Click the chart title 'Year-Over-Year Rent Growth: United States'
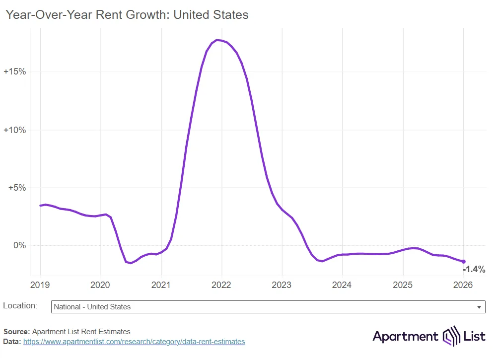(127, 15)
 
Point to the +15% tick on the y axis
(15, 72)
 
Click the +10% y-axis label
(15, 130)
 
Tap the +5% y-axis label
(17, 188)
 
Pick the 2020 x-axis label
(101, 285)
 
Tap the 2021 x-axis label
(161, 285)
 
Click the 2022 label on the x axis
(221, 285)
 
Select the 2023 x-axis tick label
(282, 285)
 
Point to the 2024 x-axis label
(342, 285)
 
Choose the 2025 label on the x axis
(403, 285)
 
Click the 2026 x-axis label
(463, 285)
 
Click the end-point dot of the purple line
(464, 261)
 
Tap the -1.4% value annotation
(474, 270)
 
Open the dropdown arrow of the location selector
(479, 307)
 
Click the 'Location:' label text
(20, 306)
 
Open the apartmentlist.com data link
(134, 342)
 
